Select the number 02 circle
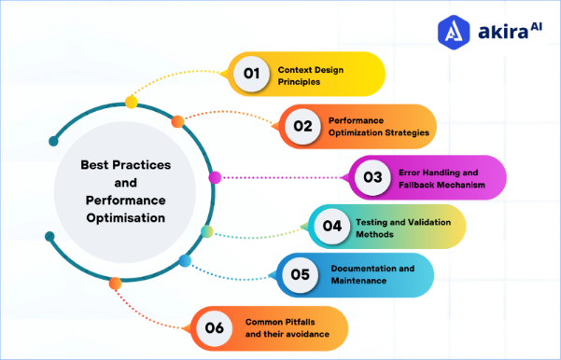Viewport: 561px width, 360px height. click(302, 126)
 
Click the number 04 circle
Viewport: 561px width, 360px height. click(331, 226)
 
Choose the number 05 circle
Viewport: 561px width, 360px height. click(301, 274)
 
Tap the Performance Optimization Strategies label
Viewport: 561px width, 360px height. click(378, 127)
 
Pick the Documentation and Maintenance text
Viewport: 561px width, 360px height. click(372, 274)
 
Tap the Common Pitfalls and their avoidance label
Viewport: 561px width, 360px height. click(284, 327)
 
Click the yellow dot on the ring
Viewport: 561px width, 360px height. click(132, 101)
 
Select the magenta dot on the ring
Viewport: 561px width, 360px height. click(214, 177)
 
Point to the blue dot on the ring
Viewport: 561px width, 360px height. click(185, 260)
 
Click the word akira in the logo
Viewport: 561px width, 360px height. click(497, 33)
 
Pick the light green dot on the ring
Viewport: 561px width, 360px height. click(207, 230)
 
